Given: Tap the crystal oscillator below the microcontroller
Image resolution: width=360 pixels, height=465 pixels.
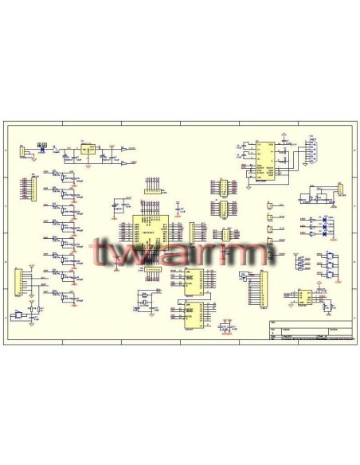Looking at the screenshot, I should point(144,299).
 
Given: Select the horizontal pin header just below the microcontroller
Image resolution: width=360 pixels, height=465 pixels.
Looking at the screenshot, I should point(151,269).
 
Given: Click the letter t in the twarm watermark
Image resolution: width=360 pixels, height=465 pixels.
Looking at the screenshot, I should point(101,253).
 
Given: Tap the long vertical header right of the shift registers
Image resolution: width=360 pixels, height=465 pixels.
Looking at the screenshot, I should point(255,288).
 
